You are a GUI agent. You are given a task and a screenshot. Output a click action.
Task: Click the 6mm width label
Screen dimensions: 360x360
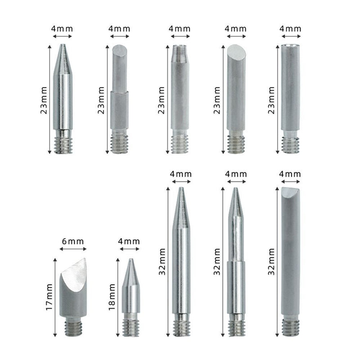(73, 241)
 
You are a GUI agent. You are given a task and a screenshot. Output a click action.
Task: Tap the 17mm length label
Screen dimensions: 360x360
(49, 297)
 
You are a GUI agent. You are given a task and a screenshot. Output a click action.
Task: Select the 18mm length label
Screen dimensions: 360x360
(112, 297)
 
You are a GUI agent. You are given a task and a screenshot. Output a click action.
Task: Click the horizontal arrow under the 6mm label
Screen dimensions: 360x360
(73, 249)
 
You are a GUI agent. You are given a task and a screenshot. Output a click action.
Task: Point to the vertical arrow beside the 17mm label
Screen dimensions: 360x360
(55, 297)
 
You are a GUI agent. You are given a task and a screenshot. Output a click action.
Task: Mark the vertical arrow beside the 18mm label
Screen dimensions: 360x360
(118, 297)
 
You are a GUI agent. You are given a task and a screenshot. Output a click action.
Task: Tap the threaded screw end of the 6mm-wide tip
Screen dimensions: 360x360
(73, 328)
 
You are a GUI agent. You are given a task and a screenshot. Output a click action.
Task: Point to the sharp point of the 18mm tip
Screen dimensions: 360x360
(131, 259)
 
